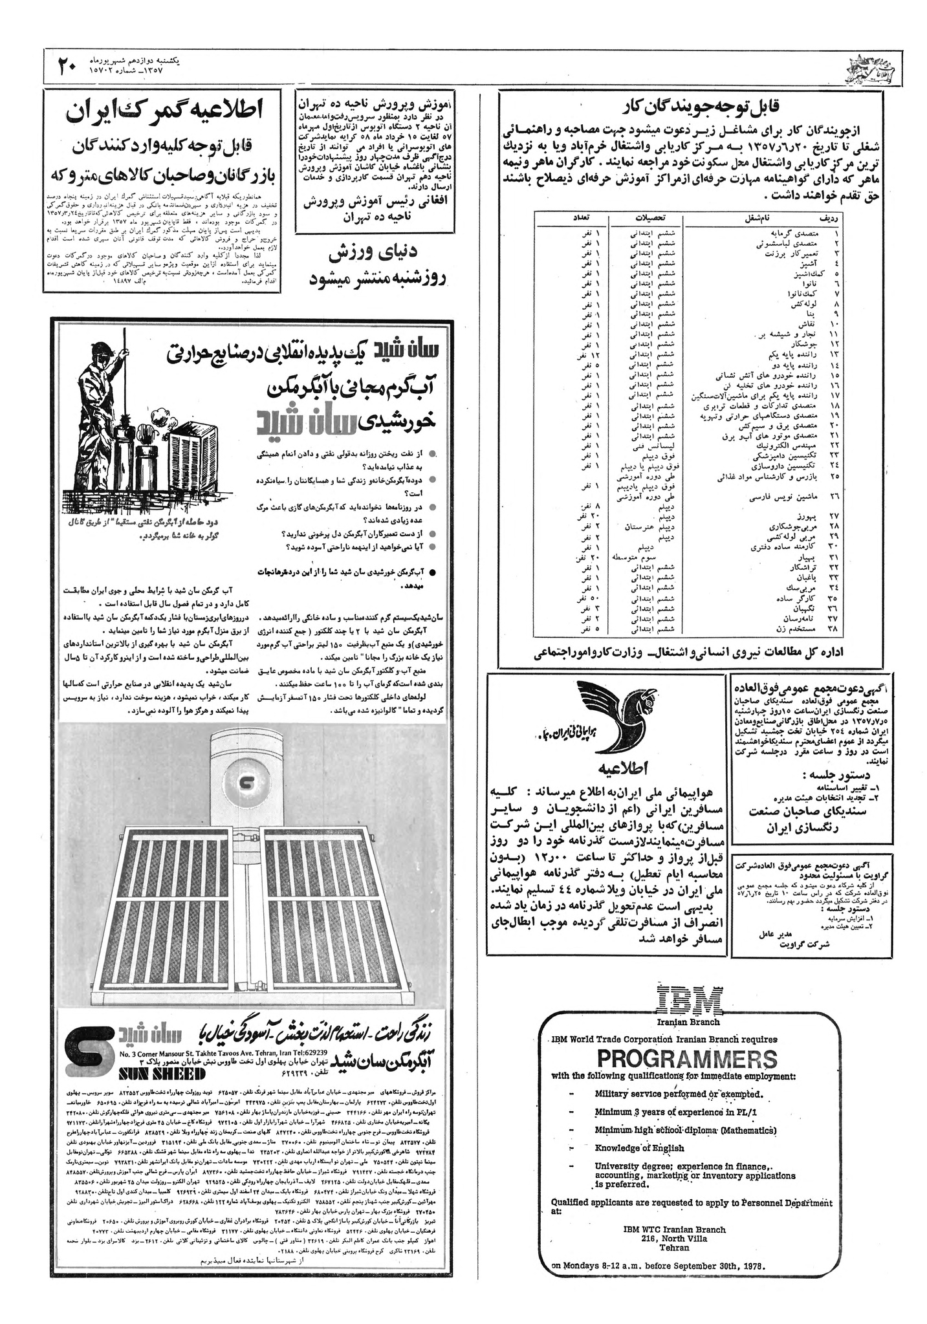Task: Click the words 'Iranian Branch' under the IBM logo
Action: click(x=687, y=1022)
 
